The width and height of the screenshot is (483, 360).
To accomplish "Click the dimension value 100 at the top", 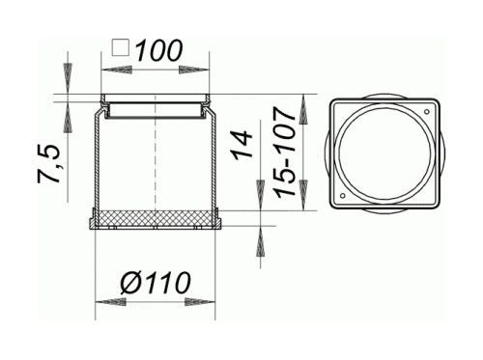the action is coord(159,50).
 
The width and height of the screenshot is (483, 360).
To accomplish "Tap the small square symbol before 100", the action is coord(121,47).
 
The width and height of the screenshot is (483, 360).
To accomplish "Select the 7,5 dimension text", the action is coord(49,164).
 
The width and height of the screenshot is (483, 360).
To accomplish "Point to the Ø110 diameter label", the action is coord(156,283).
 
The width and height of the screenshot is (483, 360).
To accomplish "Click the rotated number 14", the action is coord(242,145).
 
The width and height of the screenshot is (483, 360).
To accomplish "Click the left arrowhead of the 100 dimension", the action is coord(117,69).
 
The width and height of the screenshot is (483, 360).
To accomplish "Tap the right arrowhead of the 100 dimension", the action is coord(194,69).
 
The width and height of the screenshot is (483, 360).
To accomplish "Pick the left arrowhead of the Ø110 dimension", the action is coord(111,302).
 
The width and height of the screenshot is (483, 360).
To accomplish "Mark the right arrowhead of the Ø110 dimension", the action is coord(200,302).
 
